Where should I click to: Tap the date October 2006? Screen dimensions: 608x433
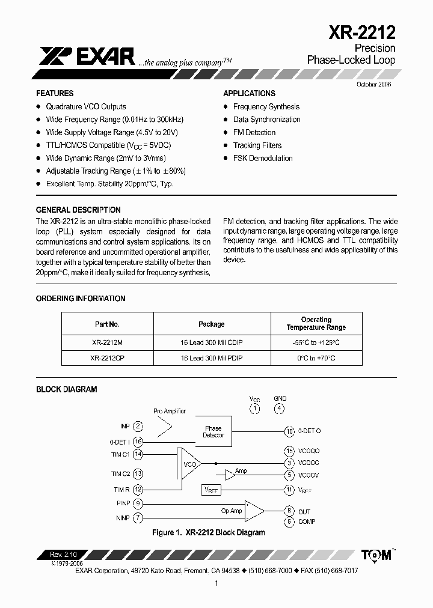coord(373,85)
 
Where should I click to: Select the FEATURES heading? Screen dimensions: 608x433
coord(55,94)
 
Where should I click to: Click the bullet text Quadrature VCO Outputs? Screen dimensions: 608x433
coord(86,106)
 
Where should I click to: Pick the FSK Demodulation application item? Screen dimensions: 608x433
coord(263,159)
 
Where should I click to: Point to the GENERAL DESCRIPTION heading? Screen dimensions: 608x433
coord(78,210)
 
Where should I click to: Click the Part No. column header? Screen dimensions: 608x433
coord(107,324)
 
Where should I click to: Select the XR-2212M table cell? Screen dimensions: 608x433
coord(107,342)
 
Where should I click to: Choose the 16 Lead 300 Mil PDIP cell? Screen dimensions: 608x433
coord(212,358)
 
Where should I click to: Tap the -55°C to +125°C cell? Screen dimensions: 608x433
coord(316,342)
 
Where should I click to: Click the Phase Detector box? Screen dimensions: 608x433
coord(213,431)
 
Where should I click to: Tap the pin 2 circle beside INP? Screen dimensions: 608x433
coord(138,427)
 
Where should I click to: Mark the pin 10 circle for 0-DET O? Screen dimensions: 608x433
coord(289,431)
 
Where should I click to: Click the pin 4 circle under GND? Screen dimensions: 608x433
coord(280,409)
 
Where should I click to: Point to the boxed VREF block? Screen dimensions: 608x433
coord(212,490)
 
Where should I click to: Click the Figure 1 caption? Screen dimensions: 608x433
coord(208,533)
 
